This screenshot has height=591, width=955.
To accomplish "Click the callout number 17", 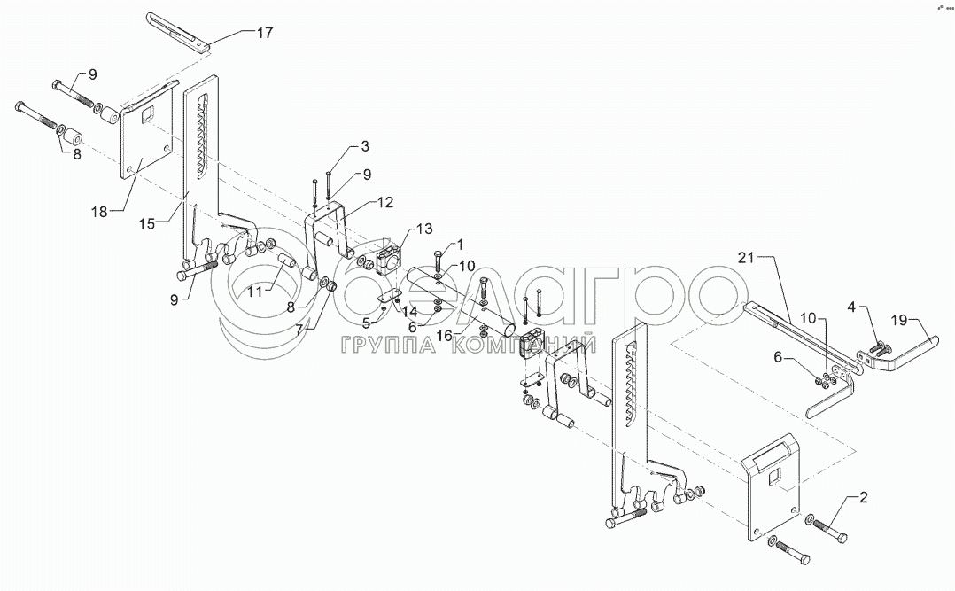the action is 265,32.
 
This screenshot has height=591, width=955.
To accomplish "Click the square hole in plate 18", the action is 149,113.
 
